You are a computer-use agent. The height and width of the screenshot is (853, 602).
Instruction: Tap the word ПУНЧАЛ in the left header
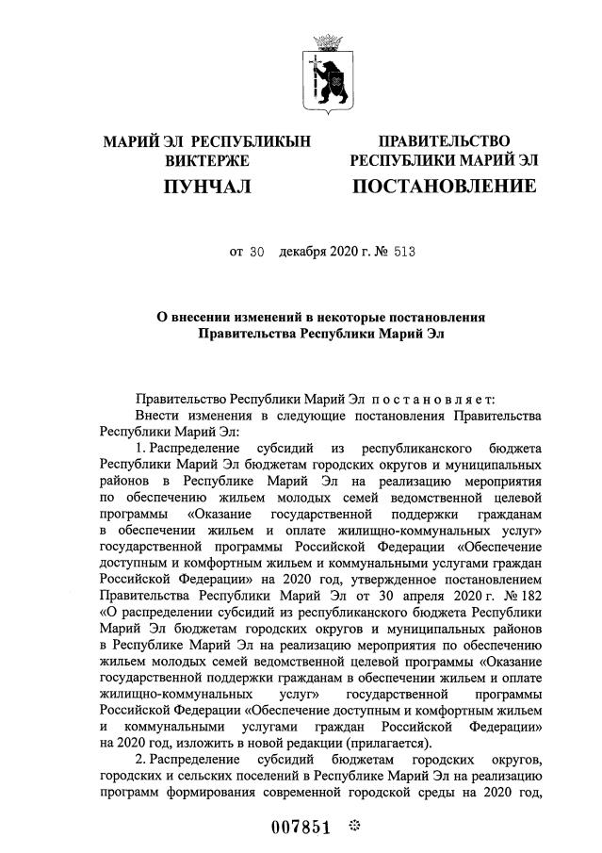207,187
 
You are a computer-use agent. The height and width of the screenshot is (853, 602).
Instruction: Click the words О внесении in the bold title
190,317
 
